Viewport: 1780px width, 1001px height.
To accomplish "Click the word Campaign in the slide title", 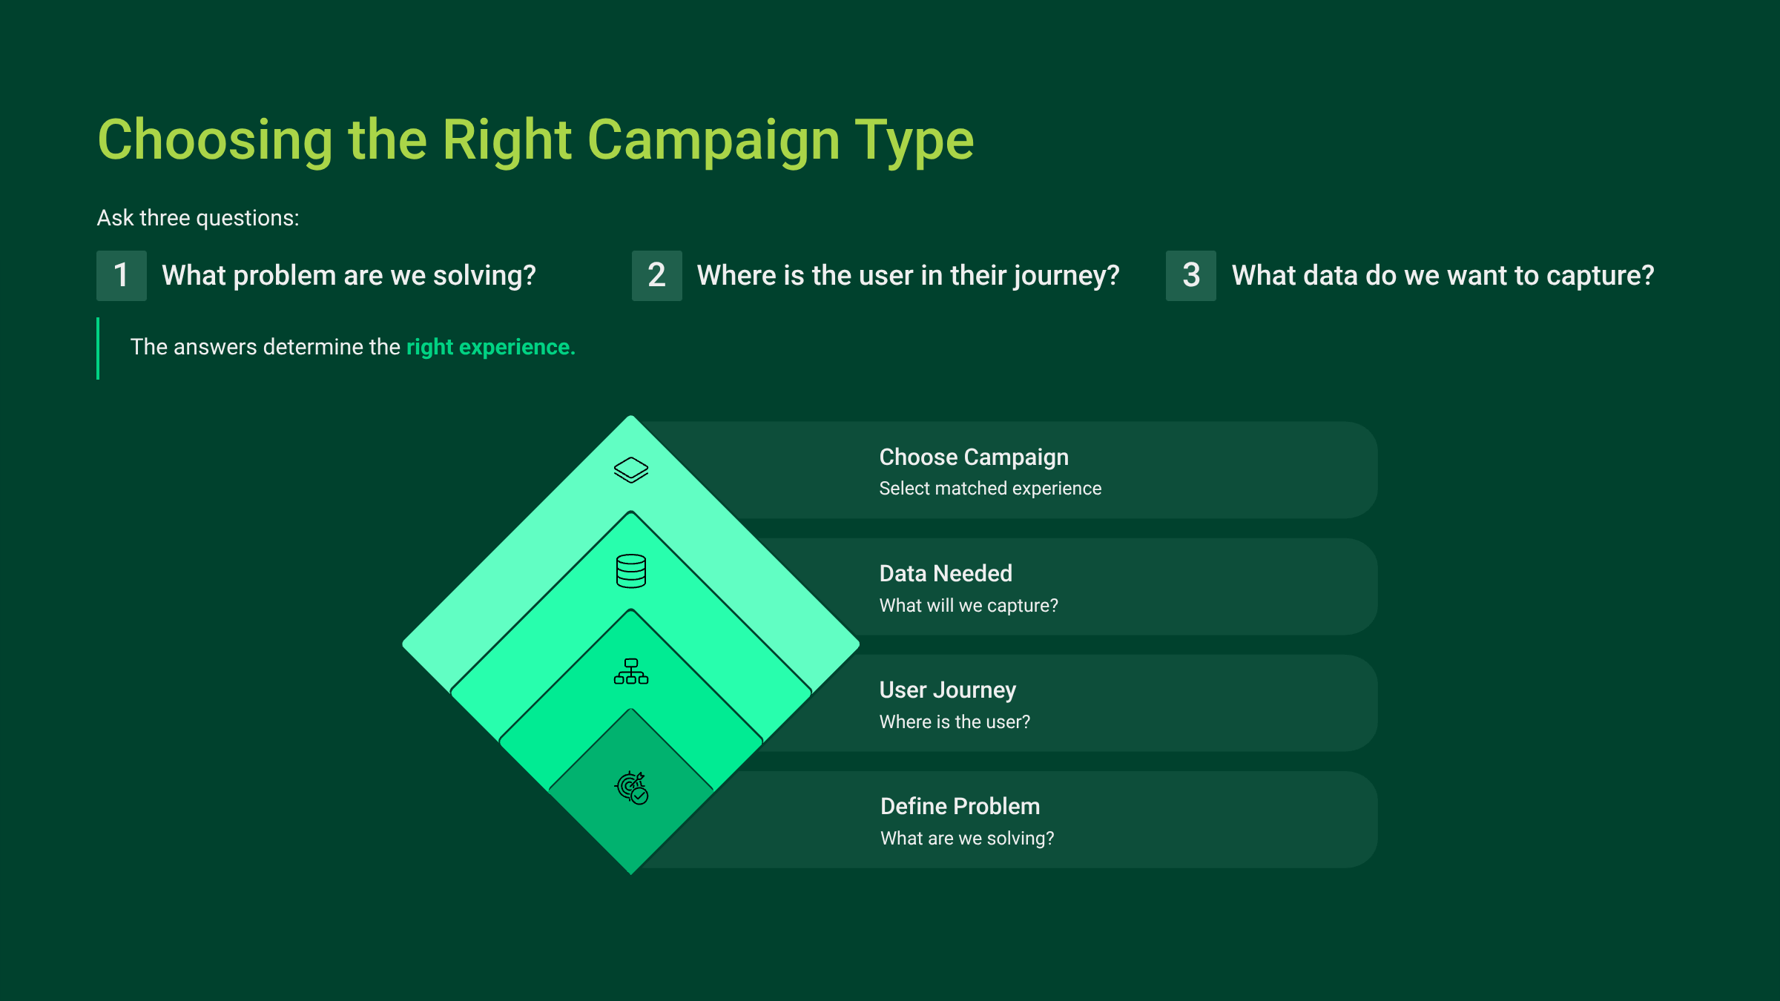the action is [713, 141].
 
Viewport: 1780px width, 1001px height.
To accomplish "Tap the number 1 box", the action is [122, 276].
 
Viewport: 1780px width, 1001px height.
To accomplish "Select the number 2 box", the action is [656, 276].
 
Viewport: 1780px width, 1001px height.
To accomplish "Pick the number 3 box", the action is [1191, 276].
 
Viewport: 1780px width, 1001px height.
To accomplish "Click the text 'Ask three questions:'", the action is [198, 218].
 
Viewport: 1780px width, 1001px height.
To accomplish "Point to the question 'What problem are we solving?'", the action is [349, 276].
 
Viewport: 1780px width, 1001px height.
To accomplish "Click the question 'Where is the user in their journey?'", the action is [909, 276].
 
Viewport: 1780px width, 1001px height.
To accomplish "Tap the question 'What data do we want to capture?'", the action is [1443, 276].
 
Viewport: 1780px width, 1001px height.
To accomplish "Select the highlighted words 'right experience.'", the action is [491, 347].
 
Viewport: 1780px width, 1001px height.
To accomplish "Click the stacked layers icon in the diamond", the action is [631, 470].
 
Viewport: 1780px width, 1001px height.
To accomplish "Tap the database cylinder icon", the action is [631, 571].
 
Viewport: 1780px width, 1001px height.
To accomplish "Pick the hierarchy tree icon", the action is [631, 671].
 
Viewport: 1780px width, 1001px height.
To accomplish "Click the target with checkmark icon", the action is [632, 787].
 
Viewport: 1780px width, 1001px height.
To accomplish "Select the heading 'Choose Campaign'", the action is [974, 457].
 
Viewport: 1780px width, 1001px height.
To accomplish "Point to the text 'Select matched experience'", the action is [990, 489].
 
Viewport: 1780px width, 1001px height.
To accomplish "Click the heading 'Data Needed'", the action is [946, 573].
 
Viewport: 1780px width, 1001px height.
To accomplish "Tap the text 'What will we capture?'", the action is [969, 606].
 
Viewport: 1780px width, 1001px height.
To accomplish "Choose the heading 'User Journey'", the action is [948, 690].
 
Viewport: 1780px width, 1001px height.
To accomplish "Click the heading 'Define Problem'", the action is [960, 806].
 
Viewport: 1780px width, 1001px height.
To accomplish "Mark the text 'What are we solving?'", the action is [967, 839].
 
